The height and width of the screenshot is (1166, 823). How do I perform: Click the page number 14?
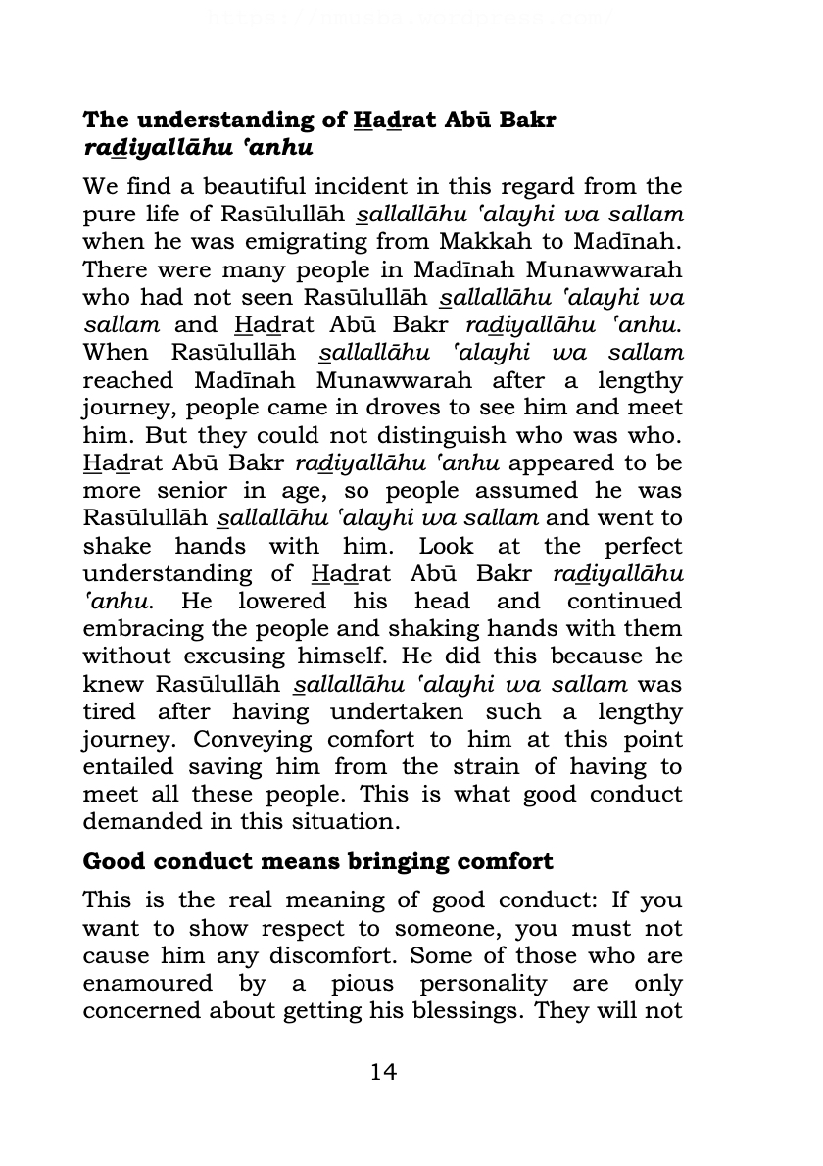click(x=383, y=1072)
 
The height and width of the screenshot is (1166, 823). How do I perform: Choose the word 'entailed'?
click(x=128, y=767)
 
